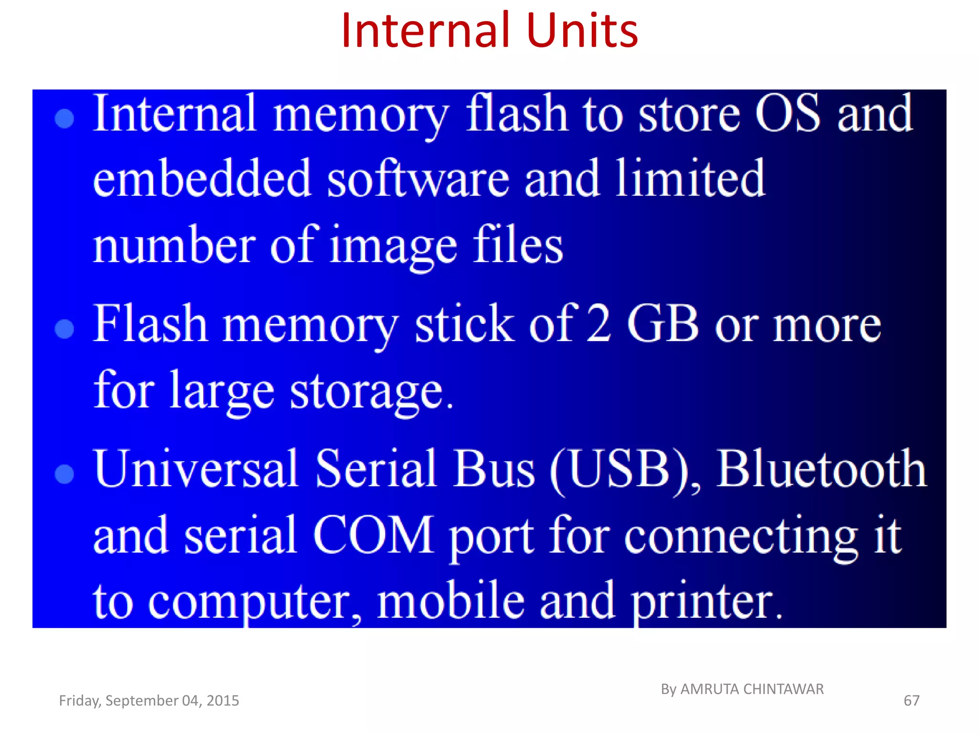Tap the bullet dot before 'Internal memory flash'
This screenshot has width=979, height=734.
point(65,119)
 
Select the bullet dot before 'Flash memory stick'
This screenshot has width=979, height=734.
point(65,329)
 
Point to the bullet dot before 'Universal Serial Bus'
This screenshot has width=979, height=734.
point(65,474)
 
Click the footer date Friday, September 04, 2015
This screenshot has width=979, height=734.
point(149,701)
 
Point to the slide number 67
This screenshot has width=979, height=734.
point(911,701)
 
